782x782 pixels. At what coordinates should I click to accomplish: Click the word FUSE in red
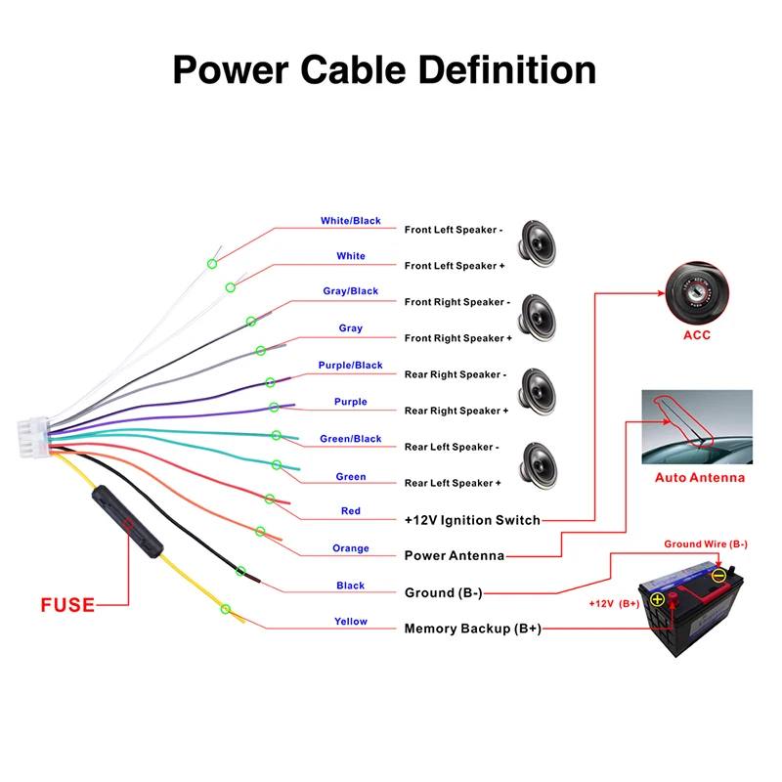(x=67, y=605)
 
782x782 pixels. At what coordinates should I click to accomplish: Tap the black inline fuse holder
(x=128, y=522)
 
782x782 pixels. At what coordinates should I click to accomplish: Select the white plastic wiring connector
(x=33, y=437)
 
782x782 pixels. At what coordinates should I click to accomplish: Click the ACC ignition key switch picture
(x=697, y=293)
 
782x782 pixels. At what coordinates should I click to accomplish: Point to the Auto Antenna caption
(x=700, y=478)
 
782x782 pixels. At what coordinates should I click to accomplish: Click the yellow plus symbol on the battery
(x=657, y=598)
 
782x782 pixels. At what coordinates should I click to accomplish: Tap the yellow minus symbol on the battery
(x=718, y=576)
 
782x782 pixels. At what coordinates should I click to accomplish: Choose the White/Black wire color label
(x=351, y=221)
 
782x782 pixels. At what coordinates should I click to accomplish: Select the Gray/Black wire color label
(x=351, y=290)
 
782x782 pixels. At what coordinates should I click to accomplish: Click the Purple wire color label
(x=351, y=402)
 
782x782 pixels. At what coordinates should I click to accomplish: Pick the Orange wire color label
(x=351, y=548)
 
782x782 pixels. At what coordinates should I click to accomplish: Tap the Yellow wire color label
(x=351, y=622)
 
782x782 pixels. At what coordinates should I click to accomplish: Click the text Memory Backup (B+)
(x=473, y=629)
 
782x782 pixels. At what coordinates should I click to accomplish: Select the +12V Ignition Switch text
(x=472, y=520)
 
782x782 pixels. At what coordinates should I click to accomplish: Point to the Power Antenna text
(x=455, y=555)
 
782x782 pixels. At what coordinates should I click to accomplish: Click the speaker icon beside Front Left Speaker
(x=537, y=243)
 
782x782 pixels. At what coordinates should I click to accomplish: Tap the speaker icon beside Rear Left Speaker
(x=538, y=466)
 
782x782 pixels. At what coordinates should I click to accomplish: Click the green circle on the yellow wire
(x=226, y=609)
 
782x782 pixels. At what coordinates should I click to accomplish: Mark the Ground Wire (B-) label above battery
(x=706, y=544)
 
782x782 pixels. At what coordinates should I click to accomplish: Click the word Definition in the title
(x=507, y=69)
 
